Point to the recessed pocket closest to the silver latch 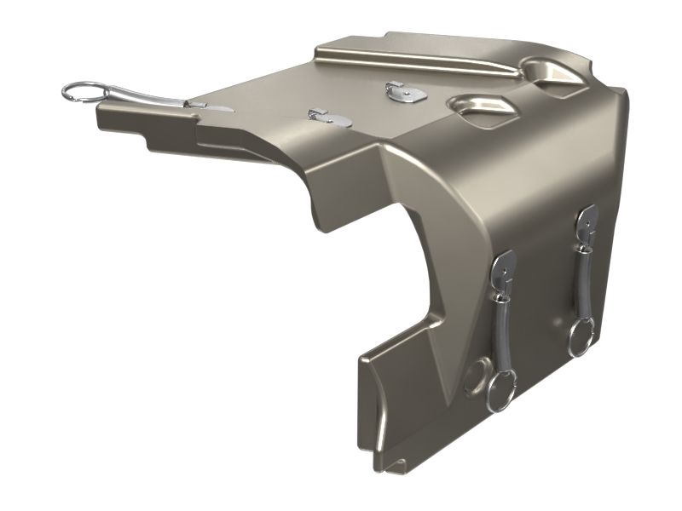pyautogui.click(x=481, y=106)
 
